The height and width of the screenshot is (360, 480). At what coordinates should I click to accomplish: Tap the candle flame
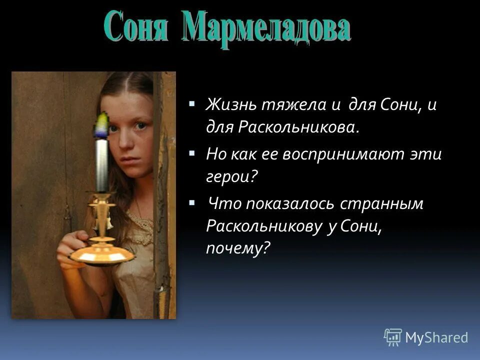tap(102, 125)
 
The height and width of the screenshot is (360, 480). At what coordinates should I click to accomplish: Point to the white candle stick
tap(102, 165)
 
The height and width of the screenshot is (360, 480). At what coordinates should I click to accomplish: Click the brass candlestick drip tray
tap(102, 255)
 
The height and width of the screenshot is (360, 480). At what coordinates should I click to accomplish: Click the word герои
tap(230, 176)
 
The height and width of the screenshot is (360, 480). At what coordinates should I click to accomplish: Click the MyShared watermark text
tap(436, 337)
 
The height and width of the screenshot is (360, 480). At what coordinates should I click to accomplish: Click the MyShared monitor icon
tap(393, 337)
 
